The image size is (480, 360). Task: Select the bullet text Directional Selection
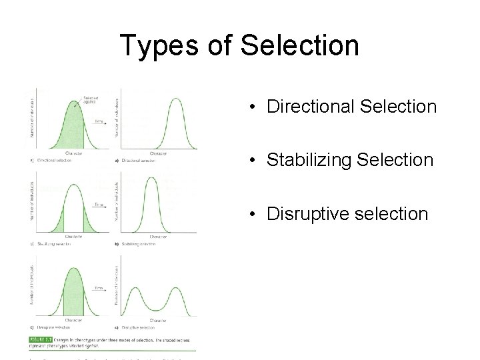(351, 107)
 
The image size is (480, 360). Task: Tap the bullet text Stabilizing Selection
(350, 160)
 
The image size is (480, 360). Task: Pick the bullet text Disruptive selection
(347, 214)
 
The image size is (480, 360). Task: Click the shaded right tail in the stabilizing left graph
(89, 221)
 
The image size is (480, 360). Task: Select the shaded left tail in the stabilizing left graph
(55, 221)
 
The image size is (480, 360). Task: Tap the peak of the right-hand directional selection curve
(176, 100)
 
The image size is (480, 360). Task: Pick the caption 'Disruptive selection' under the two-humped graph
(139, 328)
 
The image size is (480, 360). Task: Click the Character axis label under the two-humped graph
(158, 321)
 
